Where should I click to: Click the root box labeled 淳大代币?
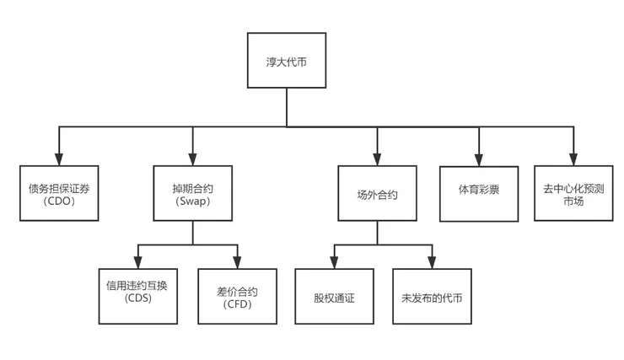click(x=286, y=62)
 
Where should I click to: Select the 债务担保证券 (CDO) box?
click(x=59, y=193)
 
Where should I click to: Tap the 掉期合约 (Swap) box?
click(x=191, y=193)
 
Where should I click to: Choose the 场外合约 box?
click(x=377, y=194)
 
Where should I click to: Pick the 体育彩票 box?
click(x=478, y=190)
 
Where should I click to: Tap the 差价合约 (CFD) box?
click(x=237, y=296)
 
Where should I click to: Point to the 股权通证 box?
click(x=334, y=298)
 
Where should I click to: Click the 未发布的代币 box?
click(x=433, y=298)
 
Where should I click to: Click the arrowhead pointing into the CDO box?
click(x=59, y=159)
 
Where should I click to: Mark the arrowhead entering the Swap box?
click(x=192, y=159)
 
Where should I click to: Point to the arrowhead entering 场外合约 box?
click(x=377, y=159)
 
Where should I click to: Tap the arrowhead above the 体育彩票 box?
click(x=479, y=158)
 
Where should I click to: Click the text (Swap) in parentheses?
click(x=191, y=201)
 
